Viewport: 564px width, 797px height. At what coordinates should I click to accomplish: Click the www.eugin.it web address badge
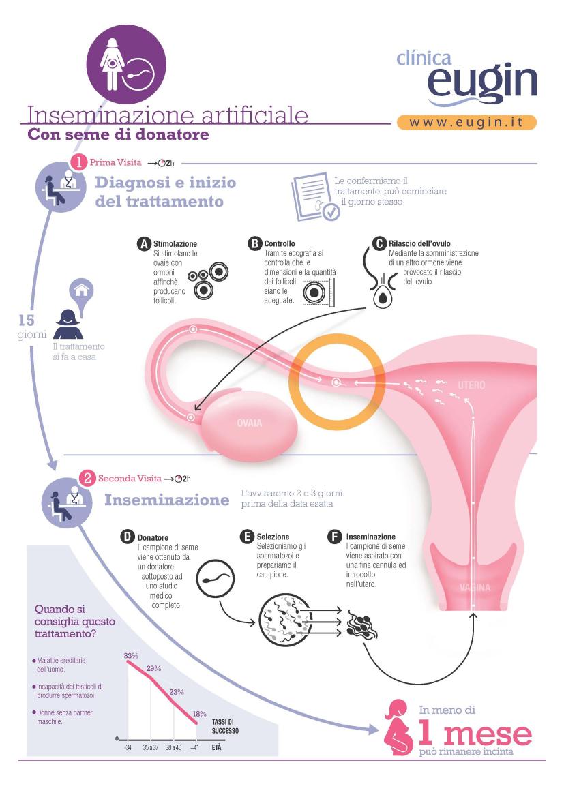coord(466,123)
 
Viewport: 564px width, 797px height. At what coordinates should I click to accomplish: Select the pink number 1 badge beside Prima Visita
coord(78,162)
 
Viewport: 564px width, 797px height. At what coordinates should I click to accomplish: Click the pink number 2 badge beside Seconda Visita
coord(87,479)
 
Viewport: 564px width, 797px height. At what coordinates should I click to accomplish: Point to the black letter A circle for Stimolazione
coord(145,243)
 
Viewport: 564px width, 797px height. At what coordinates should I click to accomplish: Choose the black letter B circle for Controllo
coord(255,243)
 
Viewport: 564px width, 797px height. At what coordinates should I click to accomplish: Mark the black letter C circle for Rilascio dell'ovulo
coord(379,243)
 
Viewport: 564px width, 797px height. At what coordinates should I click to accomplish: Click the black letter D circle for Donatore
coord(127,537)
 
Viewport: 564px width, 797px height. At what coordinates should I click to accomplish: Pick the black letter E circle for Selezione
coord(247,537)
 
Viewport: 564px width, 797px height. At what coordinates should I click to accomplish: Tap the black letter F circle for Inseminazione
coord(335,537)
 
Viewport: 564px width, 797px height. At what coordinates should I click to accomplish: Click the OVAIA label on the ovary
coord(249,423)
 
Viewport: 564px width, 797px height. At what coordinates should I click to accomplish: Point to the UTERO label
coord(471,385)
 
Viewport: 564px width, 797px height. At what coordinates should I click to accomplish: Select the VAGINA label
coord(475,588)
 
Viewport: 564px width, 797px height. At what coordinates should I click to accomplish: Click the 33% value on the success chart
coord(131,656)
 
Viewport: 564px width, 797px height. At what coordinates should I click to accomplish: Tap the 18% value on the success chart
coord(199,714)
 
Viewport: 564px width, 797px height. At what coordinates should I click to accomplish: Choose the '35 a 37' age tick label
coord(150,748)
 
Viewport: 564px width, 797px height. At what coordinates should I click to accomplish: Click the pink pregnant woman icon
coord(399,727)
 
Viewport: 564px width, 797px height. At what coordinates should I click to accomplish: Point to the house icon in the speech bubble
coord(82,290)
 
